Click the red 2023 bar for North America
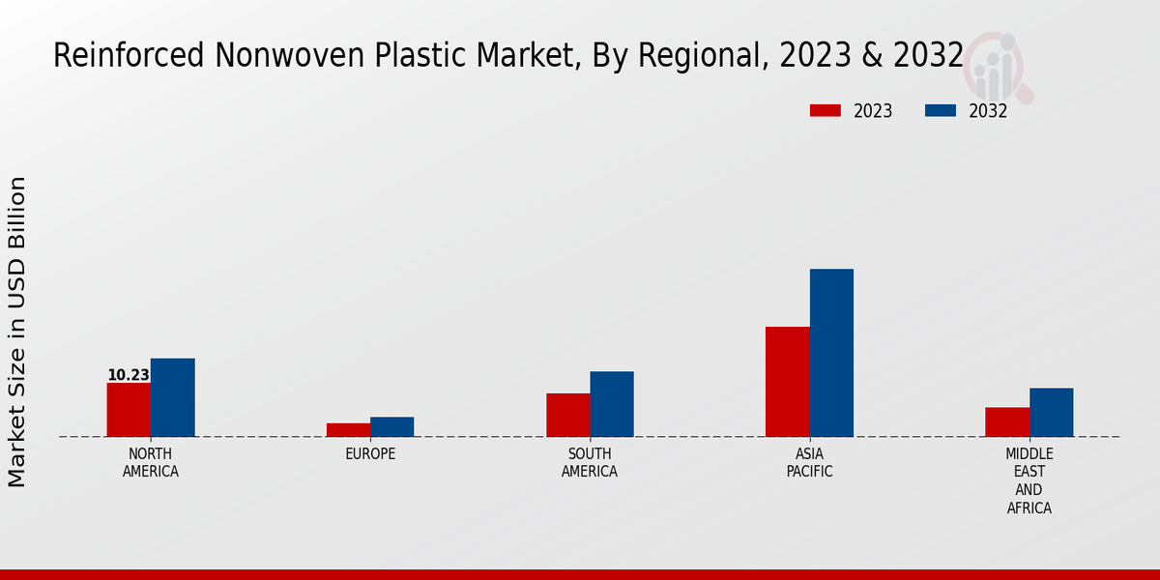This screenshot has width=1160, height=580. [x=129, y=410]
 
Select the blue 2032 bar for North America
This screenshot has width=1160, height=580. [x=172, y=397]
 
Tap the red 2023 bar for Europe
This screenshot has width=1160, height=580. [x=348, y=430]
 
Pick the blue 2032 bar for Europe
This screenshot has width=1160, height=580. [x=391, y=427]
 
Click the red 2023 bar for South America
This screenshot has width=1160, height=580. [x=567, y=415]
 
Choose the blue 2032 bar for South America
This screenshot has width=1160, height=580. [x=612, y=404]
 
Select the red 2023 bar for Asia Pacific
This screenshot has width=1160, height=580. [x=787, y=382]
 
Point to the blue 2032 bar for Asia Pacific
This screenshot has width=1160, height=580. [x=831, y=353]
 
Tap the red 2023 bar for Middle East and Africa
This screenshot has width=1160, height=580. [x=1007, y=422]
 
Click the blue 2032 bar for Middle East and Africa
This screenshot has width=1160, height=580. [x=1051, y=413]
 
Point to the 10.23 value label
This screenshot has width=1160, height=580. [x=129, y=375]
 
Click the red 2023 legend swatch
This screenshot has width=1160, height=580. [x=825, y=111]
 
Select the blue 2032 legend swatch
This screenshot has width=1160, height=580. [x=941, y=111]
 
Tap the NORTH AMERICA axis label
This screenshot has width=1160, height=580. [x=151, y=463]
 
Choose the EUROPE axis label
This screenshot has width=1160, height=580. [x=370, y=454]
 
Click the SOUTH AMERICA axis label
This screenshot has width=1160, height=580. [x=590, y=463]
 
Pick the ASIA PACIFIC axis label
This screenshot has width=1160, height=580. [x=809, y=463]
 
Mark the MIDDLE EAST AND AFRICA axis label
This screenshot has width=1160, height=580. [x=1029, y=480]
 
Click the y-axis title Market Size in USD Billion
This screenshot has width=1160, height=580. [x=17, y=332]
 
